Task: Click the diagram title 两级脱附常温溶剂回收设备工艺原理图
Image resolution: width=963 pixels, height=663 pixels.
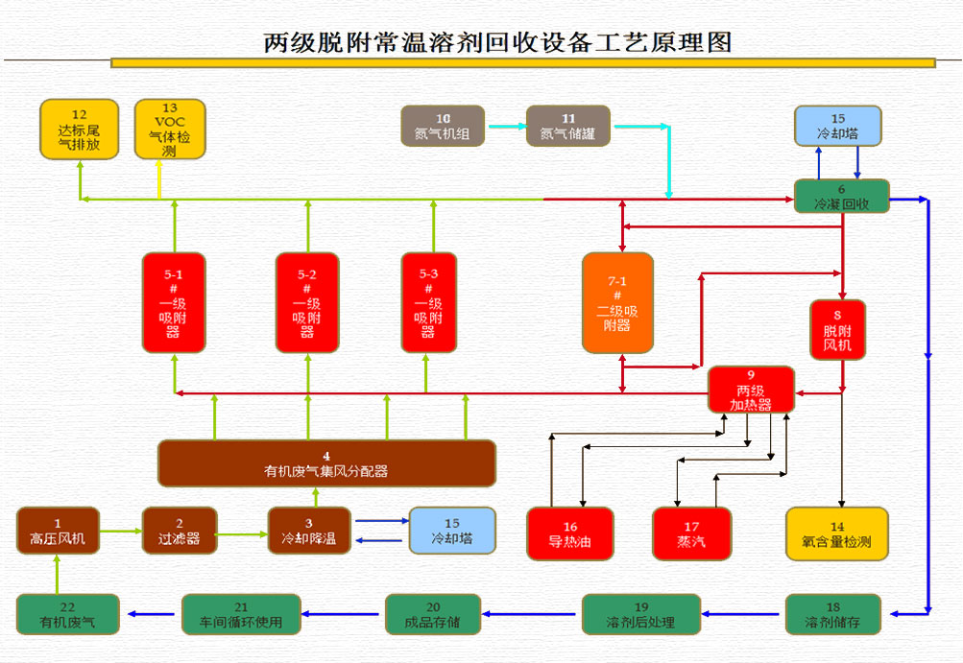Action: [497, 42]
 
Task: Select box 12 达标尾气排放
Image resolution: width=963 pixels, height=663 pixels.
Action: [80, 129]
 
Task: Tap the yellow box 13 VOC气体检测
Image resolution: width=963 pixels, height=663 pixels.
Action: [170, 129]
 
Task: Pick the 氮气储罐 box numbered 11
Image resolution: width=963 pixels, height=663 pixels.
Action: [568, 127]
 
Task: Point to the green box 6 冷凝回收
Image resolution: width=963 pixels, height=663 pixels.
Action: [842, 197]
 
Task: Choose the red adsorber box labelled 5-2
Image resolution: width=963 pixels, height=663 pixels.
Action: [307, 302]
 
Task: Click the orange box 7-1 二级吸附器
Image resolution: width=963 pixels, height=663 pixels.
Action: [617, 302]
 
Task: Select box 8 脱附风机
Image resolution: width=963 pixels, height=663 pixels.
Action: [837, 330]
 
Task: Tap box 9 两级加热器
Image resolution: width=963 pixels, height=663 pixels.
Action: [751, 390]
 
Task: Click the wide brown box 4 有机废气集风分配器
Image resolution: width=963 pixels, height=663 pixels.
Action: [326, 463]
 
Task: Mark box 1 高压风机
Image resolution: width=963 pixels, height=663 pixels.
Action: [58, 531]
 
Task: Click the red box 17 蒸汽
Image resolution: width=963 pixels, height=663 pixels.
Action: [691, 533]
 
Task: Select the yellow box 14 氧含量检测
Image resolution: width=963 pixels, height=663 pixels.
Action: [837, 533]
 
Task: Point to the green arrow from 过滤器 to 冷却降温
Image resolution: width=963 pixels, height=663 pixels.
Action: [242, 532]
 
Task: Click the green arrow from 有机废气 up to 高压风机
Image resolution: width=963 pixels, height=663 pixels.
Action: [58, 576]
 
